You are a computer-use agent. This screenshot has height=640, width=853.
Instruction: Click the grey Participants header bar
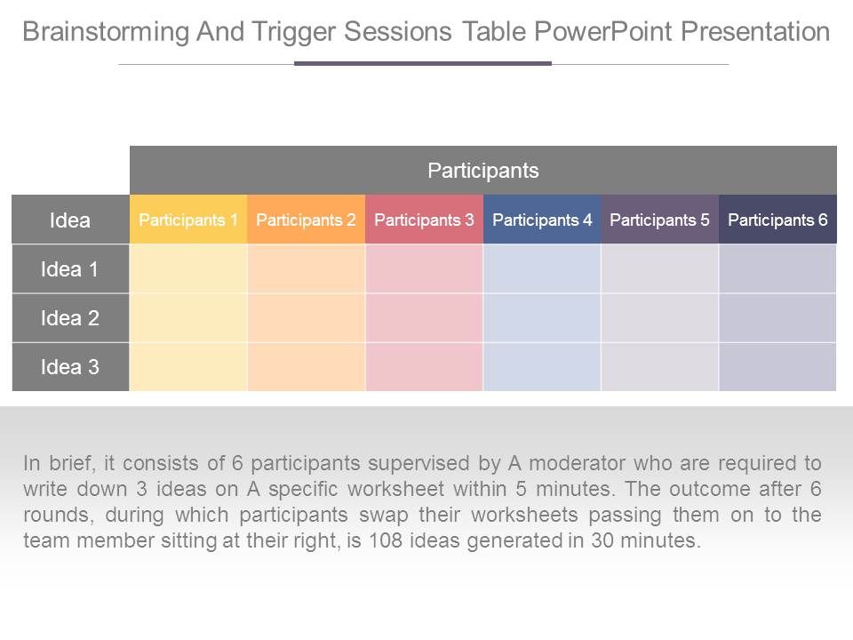coord(483,170)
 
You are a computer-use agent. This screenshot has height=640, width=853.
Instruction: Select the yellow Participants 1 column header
coord(188,220)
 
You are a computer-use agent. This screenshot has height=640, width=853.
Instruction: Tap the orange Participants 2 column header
coord(306,220)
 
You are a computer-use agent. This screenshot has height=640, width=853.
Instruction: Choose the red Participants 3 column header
coord(424,220)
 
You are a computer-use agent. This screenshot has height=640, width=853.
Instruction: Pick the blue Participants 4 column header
coord(542,220)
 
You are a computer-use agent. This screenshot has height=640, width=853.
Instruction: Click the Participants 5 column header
coord(659,220)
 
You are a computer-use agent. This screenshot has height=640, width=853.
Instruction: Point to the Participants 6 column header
coord(777,220)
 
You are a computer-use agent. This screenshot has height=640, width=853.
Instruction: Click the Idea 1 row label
coord(70,269)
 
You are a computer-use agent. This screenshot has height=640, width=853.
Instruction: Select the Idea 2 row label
coord(70,318)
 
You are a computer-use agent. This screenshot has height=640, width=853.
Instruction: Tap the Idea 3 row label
coord(70,367)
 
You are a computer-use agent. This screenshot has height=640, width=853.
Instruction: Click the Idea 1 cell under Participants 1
coord(188,269)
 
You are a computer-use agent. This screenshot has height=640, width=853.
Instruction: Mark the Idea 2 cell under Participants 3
coord(424,318)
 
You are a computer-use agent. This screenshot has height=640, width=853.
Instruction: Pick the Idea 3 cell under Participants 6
coord(777,367)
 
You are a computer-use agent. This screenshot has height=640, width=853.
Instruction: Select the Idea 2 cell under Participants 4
coord(542,318)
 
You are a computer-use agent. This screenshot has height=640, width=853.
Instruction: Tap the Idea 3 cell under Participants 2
coord(306,367)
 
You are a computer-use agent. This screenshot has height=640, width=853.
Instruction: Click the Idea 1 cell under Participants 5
coord(659,269)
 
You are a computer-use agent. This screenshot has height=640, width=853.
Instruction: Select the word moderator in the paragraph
coord(578,463)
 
